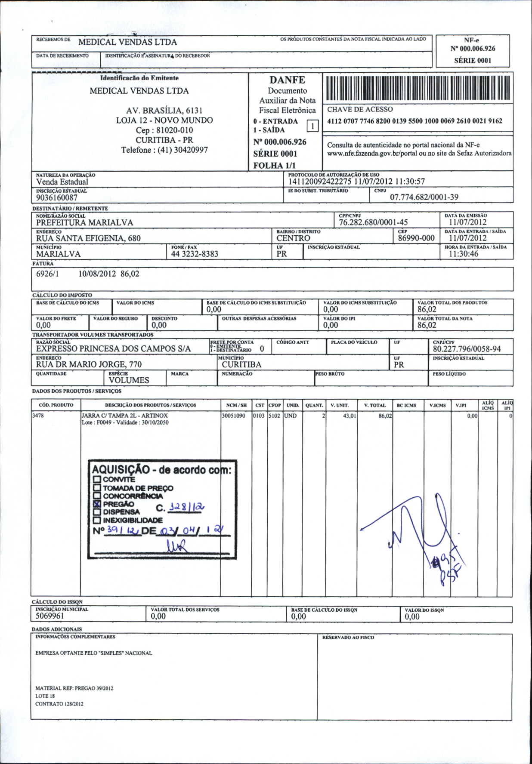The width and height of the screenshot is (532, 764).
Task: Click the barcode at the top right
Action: coord(418,88)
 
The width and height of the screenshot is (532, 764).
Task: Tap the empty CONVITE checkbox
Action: coord(97,480)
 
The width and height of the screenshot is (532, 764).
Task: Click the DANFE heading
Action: coord(287,80)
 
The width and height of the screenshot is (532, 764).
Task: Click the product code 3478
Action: coord(38,416)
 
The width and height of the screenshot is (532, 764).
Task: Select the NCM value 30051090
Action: coord(233,416)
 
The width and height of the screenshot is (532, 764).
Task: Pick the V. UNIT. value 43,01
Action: coord(349,416)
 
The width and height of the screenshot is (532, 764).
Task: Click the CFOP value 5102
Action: coord(275,416)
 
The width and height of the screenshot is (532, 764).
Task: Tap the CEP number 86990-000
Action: coord(416,238)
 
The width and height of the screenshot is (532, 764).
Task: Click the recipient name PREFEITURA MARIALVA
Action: coord(84,222)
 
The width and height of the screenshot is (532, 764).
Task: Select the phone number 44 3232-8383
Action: coord(195,254)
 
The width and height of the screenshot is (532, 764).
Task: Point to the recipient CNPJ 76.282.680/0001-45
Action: coord(373,222)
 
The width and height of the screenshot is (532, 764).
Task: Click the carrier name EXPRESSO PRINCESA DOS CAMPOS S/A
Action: coord(113,349)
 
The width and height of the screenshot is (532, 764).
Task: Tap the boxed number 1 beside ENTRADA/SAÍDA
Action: coord(312,126)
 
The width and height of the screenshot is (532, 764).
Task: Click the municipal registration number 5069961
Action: coord(50,616)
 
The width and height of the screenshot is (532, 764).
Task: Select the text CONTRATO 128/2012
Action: coord(59,704)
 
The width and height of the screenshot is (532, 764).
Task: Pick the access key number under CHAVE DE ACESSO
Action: coord(414,121)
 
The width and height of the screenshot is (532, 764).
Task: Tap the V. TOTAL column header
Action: coord(374,405)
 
